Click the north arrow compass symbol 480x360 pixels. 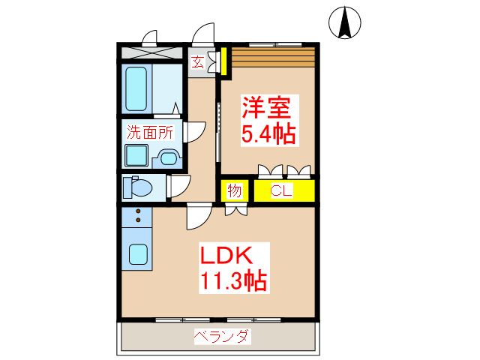pyautogui.click(x=346, y=22)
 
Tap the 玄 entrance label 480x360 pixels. pyautogui.click(x=197, y=62)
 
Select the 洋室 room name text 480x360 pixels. pyautogui.click(x=266, y=107)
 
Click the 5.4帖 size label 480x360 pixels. pyautogui.click(x=267, y=134)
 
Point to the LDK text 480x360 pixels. pyautogui.click(x=223, y=253)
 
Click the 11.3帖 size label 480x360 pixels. pyautogui.click(x=233, y=281)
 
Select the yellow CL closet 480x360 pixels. pyautogui.click(x=283, y=190)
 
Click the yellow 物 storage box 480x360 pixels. pyautogui.click(x=234, y=190)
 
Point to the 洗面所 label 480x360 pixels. pyautogui.click(x=149, y=131)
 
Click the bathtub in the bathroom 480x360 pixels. pyautogui.click(x=136, y=88)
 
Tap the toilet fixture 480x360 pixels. pyautogui.click(x=139, y=186)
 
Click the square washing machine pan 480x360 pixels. pyautogui.click(x=136, y=156)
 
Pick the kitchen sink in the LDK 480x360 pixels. pyautogui.click(x=137, y=253)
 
